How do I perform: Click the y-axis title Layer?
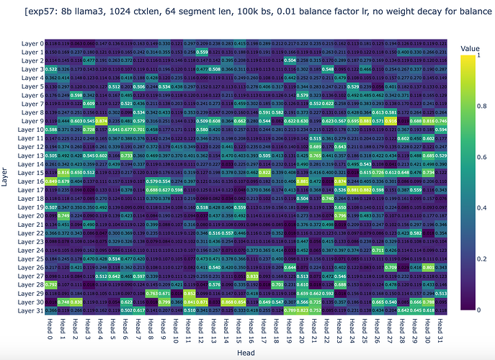point(6,177)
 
